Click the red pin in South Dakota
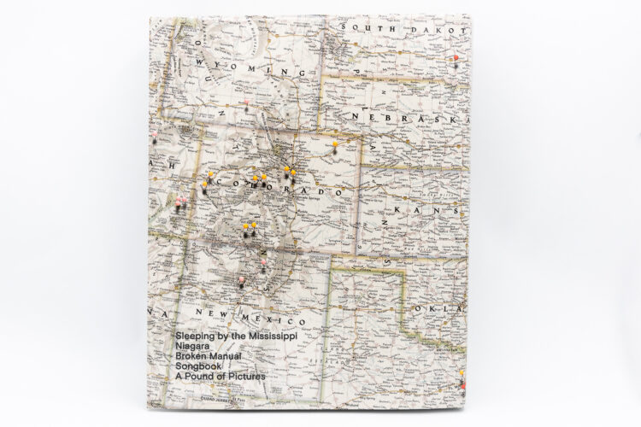tap(457, 59)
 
